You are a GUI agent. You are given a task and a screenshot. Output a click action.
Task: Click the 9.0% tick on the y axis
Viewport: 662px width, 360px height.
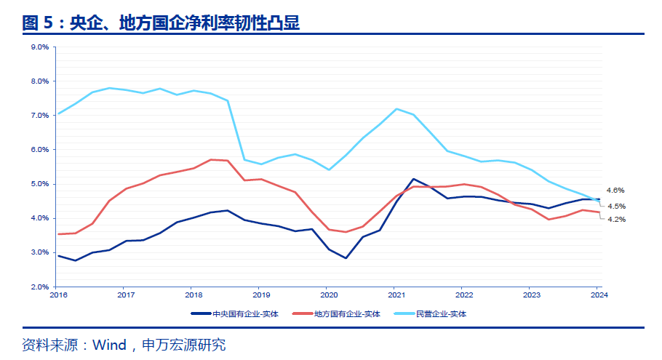39,47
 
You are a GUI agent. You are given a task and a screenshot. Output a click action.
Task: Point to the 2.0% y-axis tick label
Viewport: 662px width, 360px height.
39,287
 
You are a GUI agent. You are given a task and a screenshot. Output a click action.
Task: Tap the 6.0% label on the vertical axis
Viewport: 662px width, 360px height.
39,150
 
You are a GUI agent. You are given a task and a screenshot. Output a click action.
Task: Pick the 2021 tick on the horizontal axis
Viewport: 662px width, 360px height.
396,295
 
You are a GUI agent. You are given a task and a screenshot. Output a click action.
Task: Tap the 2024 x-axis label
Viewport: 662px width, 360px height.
599,295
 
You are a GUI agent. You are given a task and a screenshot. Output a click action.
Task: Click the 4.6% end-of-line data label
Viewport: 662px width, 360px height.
615,190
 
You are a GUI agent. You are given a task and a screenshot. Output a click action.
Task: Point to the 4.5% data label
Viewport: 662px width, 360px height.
616,206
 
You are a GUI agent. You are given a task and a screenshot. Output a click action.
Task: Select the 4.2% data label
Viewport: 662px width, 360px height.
616,219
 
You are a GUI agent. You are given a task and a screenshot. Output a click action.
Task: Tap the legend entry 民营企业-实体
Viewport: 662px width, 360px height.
441,313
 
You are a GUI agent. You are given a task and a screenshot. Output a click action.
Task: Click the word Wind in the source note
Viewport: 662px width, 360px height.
109,344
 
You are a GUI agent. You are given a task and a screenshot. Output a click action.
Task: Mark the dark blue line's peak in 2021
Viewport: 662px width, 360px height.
413,179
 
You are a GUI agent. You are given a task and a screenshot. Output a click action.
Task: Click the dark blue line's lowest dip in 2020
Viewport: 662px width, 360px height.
346,258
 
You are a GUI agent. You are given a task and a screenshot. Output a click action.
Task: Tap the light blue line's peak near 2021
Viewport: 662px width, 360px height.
396,109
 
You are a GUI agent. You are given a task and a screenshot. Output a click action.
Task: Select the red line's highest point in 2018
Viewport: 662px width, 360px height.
211,159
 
